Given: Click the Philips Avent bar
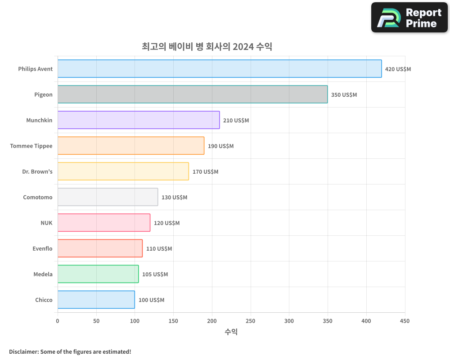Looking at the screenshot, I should point(220,69).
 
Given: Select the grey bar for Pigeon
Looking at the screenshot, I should point(193,94).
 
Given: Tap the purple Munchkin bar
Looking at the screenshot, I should point(139,120).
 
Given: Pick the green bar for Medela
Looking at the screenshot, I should point(98,274).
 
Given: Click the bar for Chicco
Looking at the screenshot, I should point(96,300).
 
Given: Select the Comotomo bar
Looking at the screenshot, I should point(108,197).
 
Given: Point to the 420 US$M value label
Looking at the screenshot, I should point(398,69).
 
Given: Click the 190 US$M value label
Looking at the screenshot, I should point(220,146).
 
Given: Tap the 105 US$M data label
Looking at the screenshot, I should point(155,274).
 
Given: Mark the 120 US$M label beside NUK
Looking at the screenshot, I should point(166,223).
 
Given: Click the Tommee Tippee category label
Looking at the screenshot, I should point(31,146).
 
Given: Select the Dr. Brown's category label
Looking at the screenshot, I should point(37,171).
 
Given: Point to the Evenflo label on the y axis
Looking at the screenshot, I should point(42,248).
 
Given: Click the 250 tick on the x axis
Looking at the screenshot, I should point(251,321).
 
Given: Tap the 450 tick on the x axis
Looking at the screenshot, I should point(405,321).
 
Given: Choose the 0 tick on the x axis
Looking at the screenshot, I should point(58,321).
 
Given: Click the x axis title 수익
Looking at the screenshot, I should point(231,332).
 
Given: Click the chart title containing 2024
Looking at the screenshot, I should point(207,46).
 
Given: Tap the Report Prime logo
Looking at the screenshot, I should point(409,18).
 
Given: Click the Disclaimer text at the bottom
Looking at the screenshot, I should point(70,351).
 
